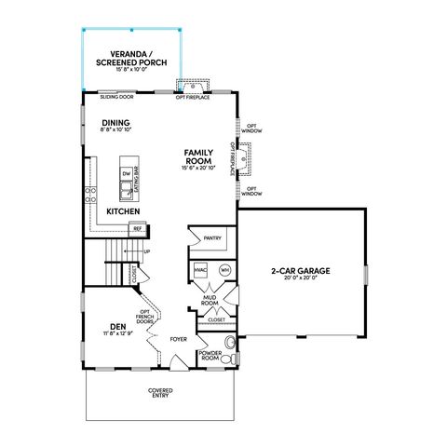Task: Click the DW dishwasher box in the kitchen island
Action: point(126,174)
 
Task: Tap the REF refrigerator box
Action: point(137,228)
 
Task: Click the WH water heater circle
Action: point(223,269)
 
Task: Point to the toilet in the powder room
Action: point(229,359)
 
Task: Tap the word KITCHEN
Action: point(123,211)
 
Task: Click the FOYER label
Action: point(179,340)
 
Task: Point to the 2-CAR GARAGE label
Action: point(301,271)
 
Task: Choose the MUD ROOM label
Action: point(210,302)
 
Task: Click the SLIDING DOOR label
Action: point(117,97)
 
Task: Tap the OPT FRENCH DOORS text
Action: point(145,319)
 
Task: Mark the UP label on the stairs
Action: point(146,251)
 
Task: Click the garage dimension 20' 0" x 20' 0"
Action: point(301,278)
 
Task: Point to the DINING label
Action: point(115,123)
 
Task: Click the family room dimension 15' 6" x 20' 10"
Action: point(199,169)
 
